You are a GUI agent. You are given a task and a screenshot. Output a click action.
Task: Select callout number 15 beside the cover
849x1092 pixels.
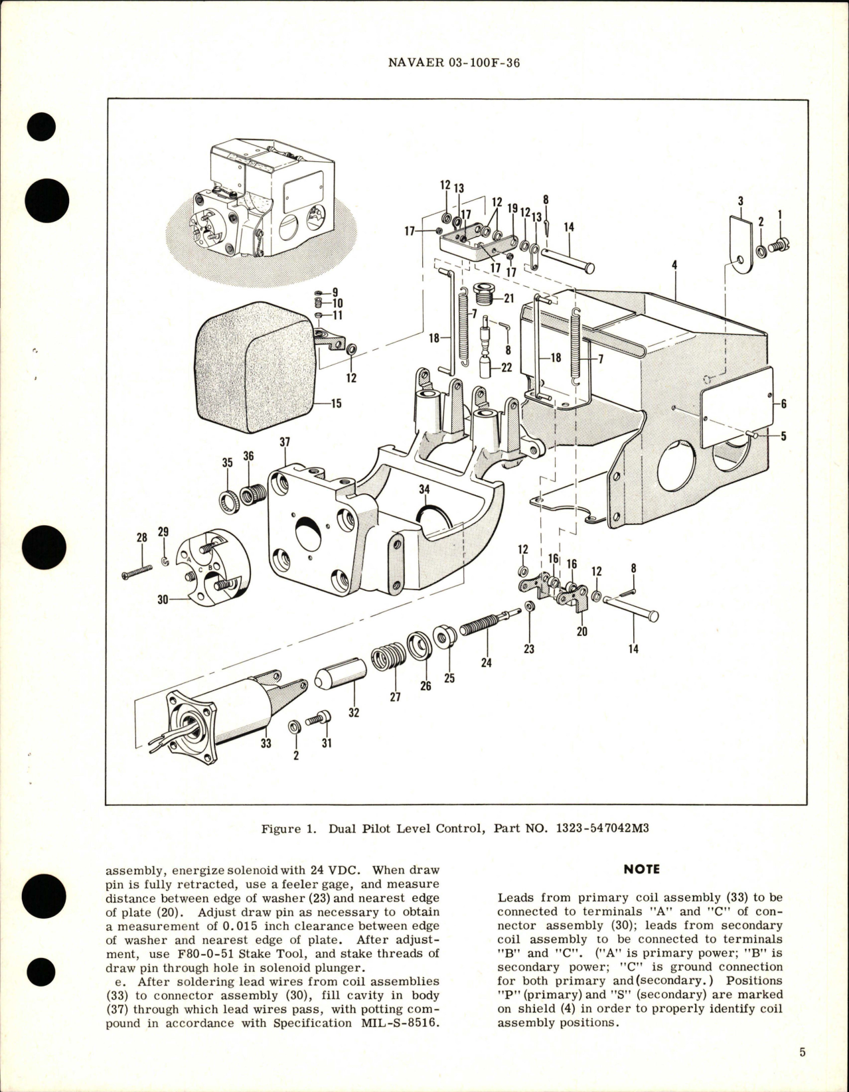tap(336, 404)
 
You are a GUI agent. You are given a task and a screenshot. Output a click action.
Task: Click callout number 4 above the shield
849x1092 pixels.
tap(674, 265)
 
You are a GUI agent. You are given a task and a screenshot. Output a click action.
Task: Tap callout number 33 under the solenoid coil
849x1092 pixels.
tap(266, 744)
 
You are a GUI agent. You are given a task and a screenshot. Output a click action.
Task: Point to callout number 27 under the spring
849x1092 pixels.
tap(396, 698)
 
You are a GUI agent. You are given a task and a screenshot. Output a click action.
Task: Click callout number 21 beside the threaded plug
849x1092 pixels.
tap(508, 299)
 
